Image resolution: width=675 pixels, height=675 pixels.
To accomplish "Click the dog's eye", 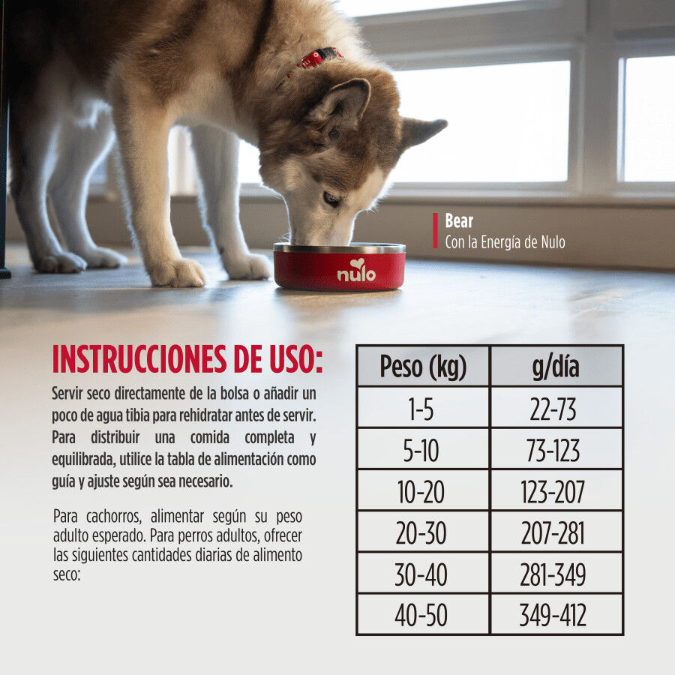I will [x=331, y=199].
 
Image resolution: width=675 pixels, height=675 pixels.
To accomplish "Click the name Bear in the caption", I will [x=459, y=221].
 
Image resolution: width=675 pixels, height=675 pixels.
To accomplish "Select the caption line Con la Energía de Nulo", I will [x=505, y=241].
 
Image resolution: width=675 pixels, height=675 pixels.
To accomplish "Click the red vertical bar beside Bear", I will [x=435, y=230].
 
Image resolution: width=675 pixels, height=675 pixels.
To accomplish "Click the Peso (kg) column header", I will [x=423, y=367].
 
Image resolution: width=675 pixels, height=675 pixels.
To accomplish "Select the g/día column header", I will [x=556, y=367].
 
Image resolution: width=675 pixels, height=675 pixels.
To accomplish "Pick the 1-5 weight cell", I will [x=423, y=409].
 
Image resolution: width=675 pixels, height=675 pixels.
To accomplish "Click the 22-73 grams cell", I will [x=556, y=409].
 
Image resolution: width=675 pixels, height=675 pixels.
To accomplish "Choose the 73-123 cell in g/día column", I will [x=556, y=451].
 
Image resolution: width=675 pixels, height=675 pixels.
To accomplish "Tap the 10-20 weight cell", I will [x=423, y=492].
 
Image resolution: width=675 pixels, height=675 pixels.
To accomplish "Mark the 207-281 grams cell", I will [x=556, y=533].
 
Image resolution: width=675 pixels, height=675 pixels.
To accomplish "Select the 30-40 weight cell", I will [x=423, y=574].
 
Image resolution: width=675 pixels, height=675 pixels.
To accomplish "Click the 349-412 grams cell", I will [x=556, y=616].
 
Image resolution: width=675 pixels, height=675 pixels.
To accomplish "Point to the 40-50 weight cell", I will [x=423, y=616].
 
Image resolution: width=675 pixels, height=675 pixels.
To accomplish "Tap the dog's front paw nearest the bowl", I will [x=247, y=266].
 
